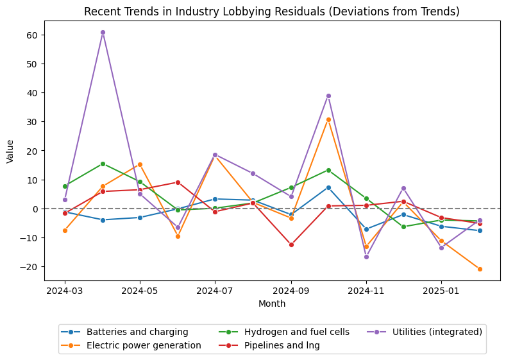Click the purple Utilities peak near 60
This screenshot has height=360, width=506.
103,32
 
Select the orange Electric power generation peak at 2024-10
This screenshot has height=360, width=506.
328,119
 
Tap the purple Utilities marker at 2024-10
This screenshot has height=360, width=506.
328,96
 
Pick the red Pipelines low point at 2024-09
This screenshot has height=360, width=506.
291,244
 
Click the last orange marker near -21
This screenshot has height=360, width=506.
480,269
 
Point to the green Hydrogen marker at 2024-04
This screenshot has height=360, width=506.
103,164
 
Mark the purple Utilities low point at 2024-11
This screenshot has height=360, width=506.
366,257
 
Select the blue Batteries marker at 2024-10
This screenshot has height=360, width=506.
328,187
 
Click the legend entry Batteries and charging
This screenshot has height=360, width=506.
137,332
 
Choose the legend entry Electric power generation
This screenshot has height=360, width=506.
144,345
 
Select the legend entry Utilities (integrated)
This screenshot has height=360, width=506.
437,332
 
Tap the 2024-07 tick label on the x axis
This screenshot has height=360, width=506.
215,291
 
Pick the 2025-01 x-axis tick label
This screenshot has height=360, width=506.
441,291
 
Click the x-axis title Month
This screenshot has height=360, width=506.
272,304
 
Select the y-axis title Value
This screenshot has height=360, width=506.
10,151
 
